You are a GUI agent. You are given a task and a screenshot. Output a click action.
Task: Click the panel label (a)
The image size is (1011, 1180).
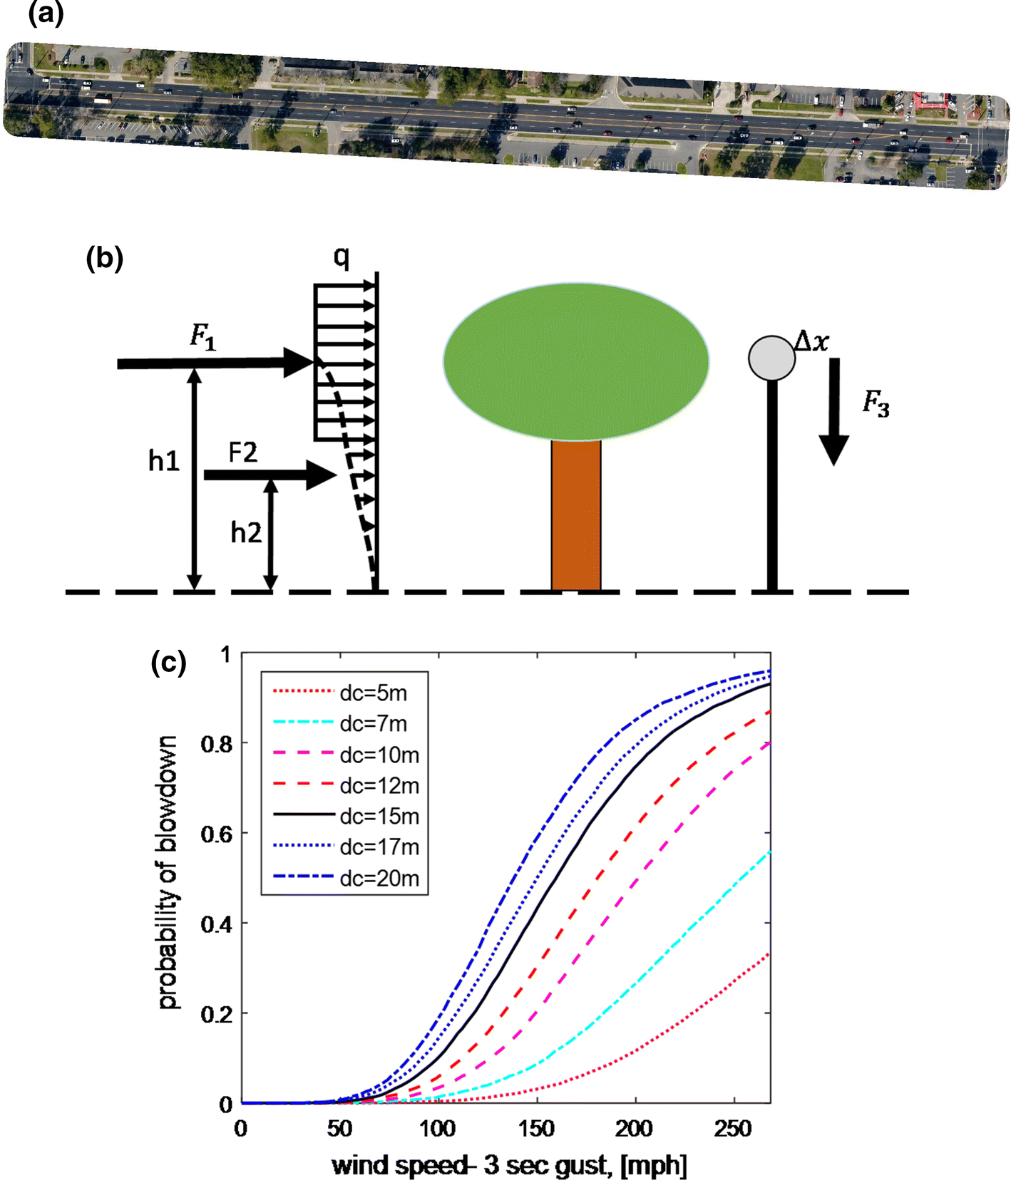(x=46, y=14)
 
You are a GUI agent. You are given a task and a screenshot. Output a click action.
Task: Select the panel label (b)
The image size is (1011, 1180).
(x=104, y=258)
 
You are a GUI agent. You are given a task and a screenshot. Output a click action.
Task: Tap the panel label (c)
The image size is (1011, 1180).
(x=168, y=663)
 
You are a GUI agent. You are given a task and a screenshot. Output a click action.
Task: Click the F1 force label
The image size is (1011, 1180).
(x=203, y=336)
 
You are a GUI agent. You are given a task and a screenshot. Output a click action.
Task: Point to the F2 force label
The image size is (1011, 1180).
(x=242, y=452)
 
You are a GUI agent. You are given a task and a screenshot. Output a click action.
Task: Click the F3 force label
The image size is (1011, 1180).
(x=876, y=403)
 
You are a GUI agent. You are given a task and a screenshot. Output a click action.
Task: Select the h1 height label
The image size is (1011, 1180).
(x=163, y=462)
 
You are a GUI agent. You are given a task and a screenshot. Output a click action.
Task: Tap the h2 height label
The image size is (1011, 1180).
(x=246, y=532)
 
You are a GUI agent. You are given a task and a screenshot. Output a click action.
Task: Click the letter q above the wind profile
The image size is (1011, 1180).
(x=342, y=257)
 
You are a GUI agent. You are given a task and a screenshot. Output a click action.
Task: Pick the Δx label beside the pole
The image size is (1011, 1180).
(x=812, y=341)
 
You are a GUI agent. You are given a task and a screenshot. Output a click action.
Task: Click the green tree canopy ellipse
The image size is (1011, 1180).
(x=576, y=361)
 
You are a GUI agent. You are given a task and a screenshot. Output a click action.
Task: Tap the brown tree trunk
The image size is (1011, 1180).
(x=576, y=514)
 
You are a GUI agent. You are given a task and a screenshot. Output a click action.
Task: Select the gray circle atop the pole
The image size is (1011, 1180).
(x=771, y=358)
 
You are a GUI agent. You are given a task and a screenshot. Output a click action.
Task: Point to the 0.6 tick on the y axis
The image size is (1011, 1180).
(x=217, y=834)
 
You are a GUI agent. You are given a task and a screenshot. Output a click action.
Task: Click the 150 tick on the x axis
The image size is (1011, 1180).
(x=535, y=1129)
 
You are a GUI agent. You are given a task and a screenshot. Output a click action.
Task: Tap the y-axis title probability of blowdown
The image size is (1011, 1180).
(x=168, y=873)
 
